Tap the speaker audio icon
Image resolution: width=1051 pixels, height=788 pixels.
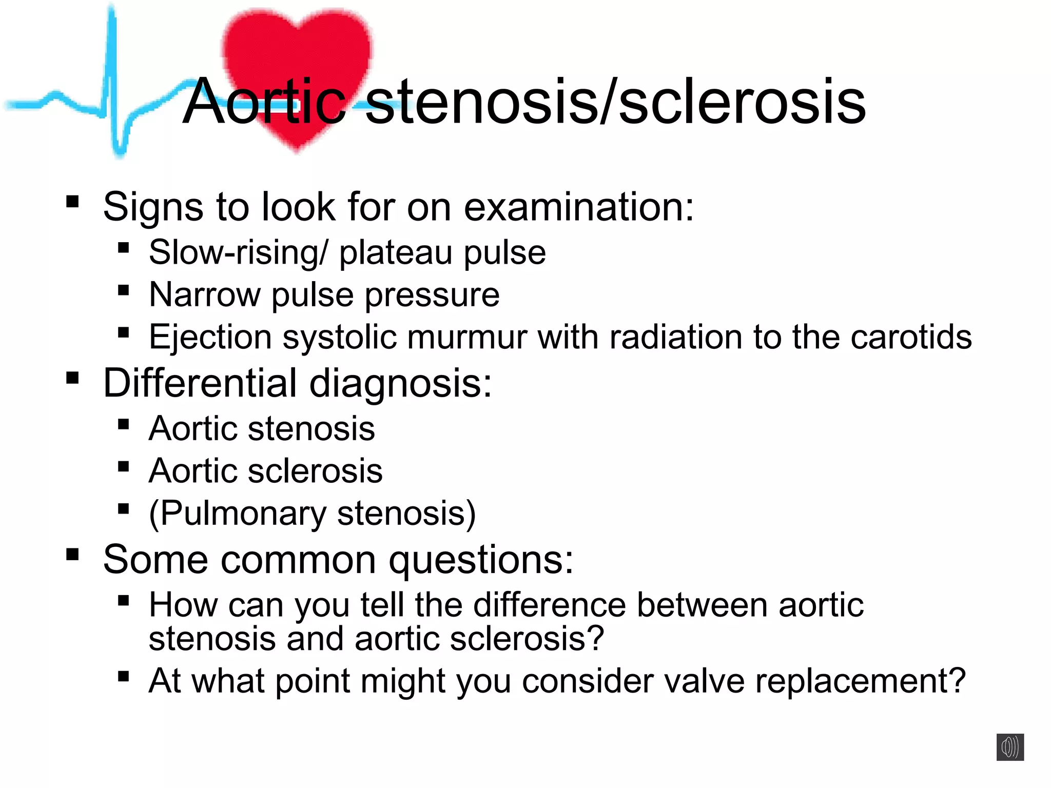(x=1010, y=747)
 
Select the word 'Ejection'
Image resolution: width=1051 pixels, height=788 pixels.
(x=210, y=338)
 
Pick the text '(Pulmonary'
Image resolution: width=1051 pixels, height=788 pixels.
(x=237, y=514)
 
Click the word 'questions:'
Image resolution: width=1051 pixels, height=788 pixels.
(x=481, y=560)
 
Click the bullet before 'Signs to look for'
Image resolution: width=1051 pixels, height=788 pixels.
(x=72, y=201)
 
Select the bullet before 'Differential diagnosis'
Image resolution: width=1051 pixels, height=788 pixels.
(x=72, y=378)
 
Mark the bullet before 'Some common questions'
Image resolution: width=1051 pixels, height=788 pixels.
(x=72, y=554)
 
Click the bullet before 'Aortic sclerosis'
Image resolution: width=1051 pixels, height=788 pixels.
(x=123, y=466)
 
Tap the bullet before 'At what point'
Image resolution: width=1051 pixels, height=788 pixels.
(x=123, y=676)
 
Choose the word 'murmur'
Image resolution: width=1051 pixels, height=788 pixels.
(x=468, y=337)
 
